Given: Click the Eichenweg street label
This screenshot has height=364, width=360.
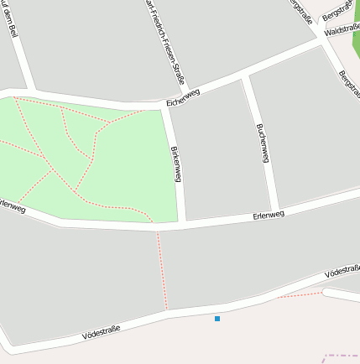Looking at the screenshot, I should click(183, 98).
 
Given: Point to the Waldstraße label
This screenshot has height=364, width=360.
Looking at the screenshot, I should click(341, 30).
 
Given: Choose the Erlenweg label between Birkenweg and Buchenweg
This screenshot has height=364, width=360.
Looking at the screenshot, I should click(269, 215).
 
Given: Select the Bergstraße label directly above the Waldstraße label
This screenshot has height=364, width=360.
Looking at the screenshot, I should click(337, 13).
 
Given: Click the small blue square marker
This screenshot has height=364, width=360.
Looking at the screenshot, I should click(217, 319).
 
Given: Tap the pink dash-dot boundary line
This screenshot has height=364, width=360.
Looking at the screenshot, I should click(341, 356).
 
